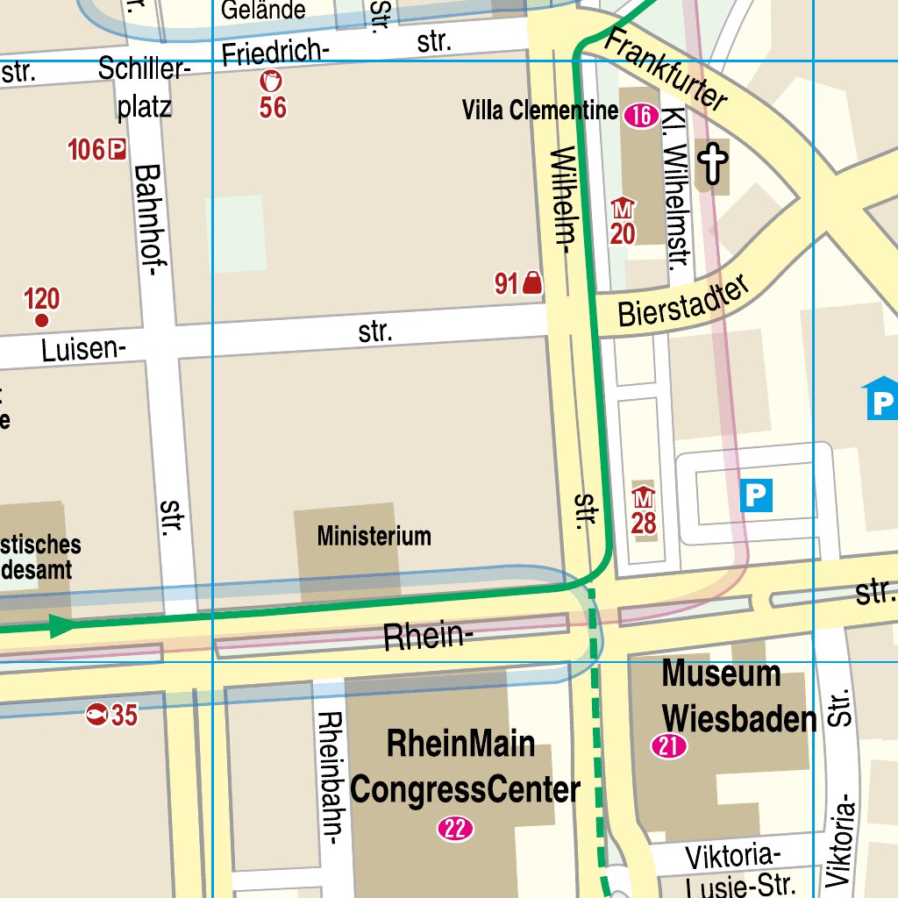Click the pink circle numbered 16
tap(641, 115)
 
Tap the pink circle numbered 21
tap(669, 747)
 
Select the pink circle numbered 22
tap(456, 829)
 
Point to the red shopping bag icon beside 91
tap(531, 282)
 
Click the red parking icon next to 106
tap(117, 150)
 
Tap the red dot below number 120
tap(41, 321)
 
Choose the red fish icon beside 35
tap(96, 716)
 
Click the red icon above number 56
tap(272, 82)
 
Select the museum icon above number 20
tap(623, 209)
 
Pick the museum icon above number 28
tap(644, 497)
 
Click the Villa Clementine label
tap(540, 110)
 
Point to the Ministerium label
tap(374, 536)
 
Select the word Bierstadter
tap(685, 303)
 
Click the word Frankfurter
tap(667, 69)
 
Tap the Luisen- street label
tap(83, 350)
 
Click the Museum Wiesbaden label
tap(737, 697)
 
